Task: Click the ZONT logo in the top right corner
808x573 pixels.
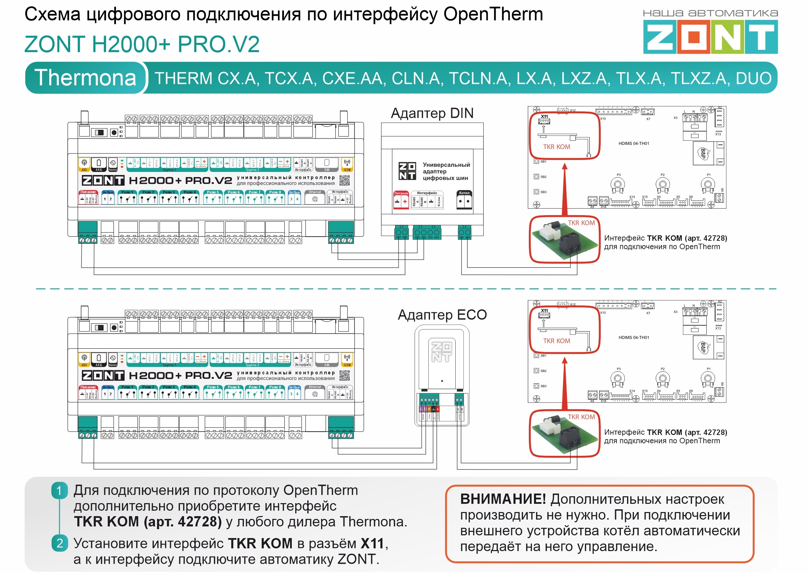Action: [x=710, y=36]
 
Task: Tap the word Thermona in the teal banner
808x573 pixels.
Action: [x=85, y=78]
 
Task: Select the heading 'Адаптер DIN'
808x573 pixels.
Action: [x=432, y=113]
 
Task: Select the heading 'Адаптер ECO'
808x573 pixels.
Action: [x=442, y=315]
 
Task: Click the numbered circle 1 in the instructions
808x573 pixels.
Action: [x=59, y=490]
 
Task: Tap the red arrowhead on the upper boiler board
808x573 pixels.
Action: [x=564, y=166]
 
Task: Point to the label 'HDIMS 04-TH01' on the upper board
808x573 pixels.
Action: [x=634, y=144]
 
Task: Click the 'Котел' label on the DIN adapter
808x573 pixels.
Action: [x=464, y=193]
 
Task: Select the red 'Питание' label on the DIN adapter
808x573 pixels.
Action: [x=401, y=194]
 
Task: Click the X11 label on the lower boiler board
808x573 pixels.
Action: [x=544, y=311]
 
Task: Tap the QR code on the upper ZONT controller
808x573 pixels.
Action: [x=344, y=180]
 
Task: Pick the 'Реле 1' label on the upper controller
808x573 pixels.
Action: [x=127, y=192]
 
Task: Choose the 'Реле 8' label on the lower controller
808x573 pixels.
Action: [x=275, y=387]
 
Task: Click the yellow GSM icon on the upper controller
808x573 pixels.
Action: [x=347, y=164]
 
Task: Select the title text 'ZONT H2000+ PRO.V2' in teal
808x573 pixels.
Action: [x=142, y=44]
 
